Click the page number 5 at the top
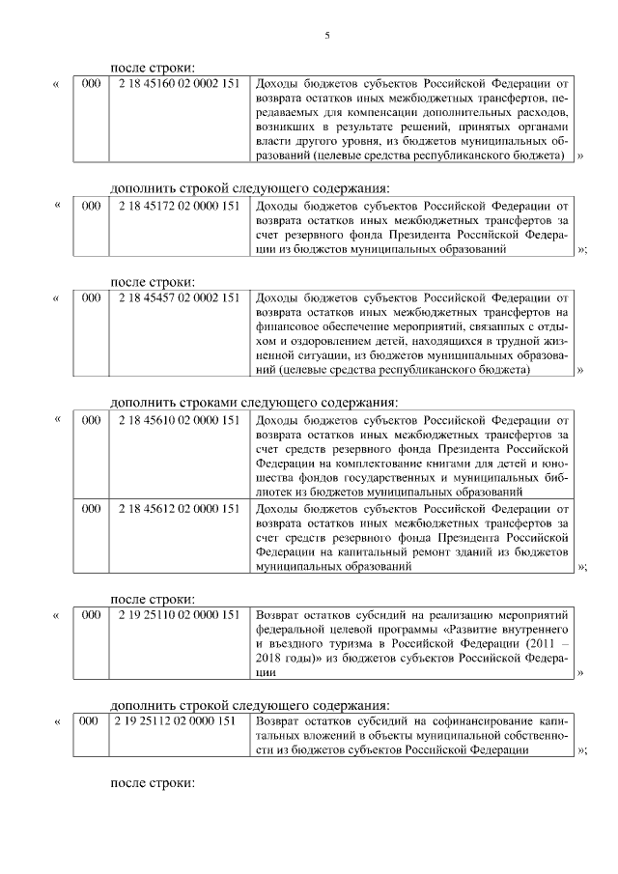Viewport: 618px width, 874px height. point(326,36)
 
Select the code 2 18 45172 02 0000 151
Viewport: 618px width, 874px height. point(179,206)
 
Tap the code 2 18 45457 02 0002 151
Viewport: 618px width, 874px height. point(179,298)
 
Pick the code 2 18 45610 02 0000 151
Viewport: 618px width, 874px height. point(179,421)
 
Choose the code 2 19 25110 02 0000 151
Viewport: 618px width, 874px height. point(179,614)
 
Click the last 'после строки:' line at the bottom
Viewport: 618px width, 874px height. point(154,783)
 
